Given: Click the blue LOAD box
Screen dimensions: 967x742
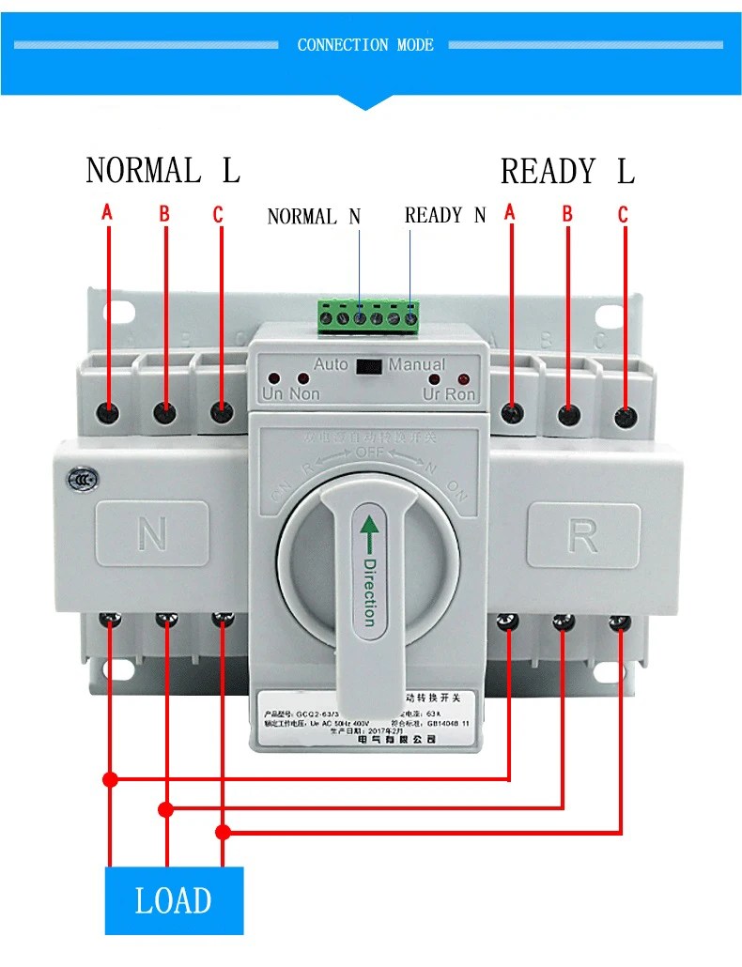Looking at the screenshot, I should point(174,900).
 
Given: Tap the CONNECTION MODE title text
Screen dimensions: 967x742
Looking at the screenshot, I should point(365,45).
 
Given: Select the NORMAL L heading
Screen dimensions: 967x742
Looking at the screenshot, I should point(162,171).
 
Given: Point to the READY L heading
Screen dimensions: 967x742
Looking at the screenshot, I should point(567,172).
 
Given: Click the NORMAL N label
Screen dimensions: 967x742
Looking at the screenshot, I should point(314,217).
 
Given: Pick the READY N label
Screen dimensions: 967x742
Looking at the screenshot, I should point(445,215).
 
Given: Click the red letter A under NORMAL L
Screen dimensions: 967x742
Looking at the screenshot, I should point(107,213).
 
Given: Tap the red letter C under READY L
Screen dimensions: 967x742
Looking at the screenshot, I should point(622,215).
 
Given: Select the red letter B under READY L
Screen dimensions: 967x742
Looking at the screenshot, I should point(566,214).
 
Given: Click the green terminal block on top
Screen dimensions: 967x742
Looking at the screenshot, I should point(368,316).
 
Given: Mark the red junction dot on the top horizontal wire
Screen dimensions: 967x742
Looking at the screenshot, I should point(110,779).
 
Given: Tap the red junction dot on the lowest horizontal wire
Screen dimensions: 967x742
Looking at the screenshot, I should point(223,833).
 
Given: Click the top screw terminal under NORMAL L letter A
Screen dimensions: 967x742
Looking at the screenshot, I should point(109,413).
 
